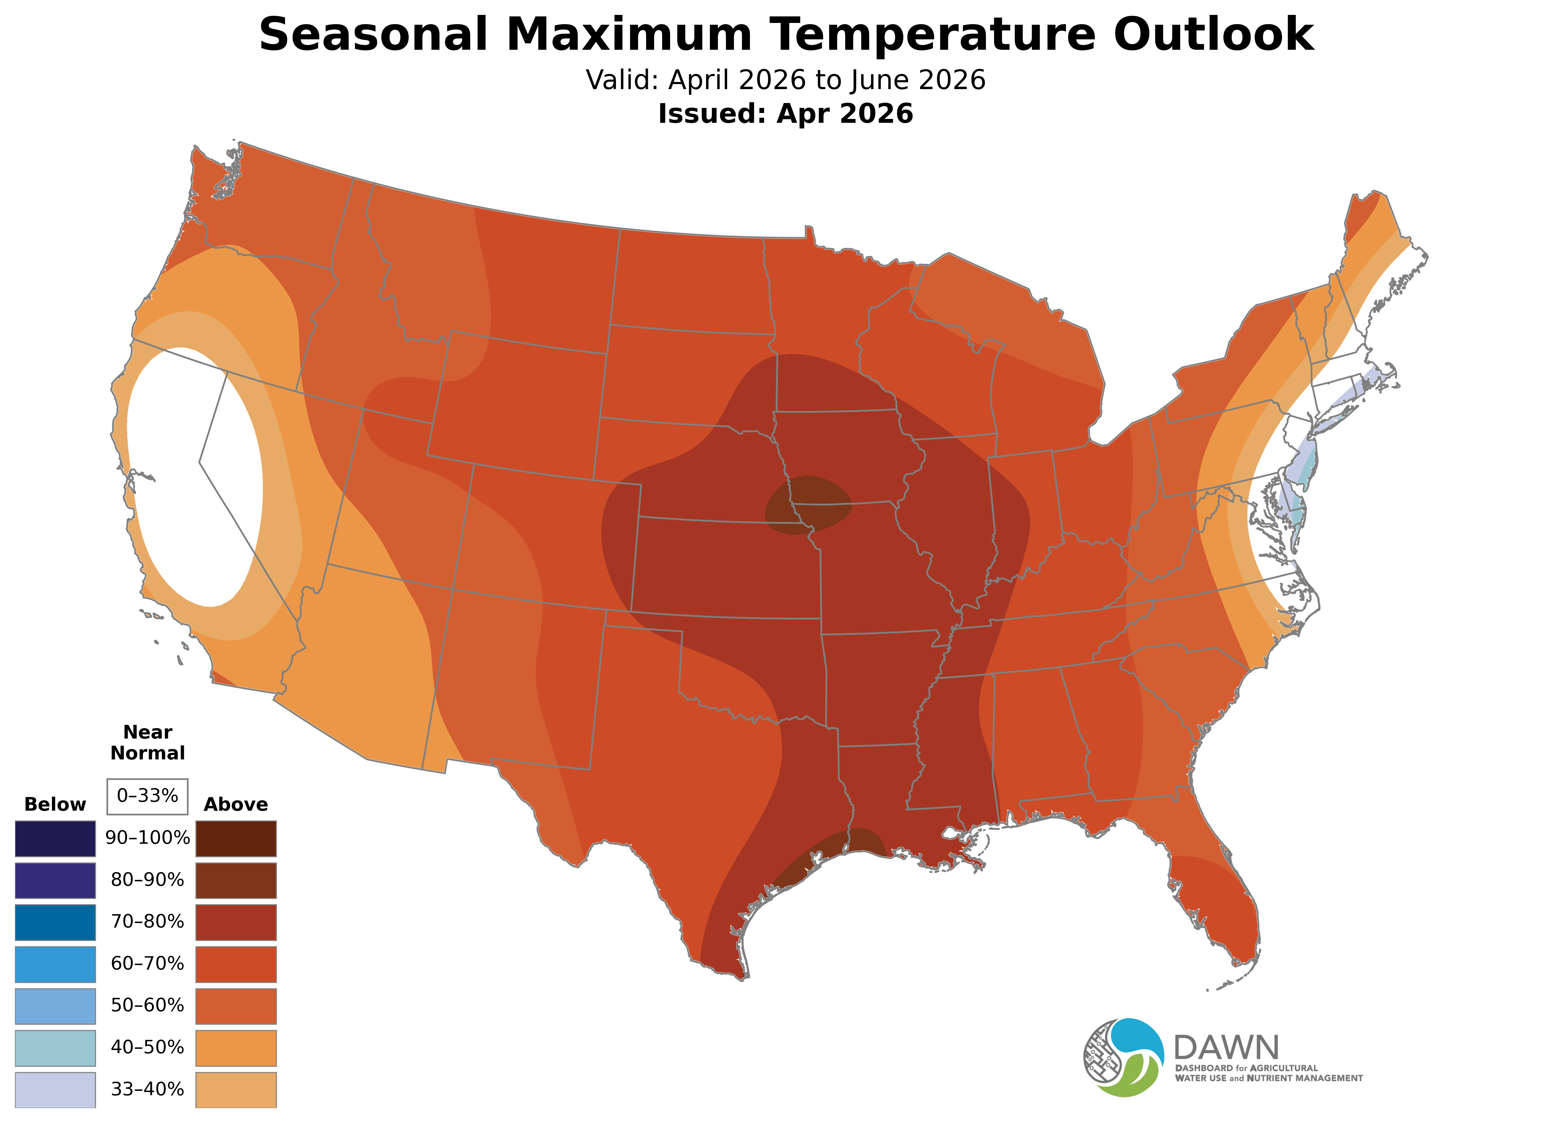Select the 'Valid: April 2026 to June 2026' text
785,80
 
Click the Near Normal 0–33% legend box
147,796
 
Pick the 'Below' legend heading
55,805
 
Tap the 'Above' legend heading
236,805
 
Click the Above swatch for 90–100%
236,839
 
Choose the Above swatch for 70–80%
236,922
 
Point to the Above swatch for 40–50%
236,1048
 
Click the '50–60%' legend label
147,1005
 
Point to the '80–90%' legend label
147,880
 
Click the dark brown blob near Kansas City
808,505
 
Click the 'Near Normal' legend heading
147,742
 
